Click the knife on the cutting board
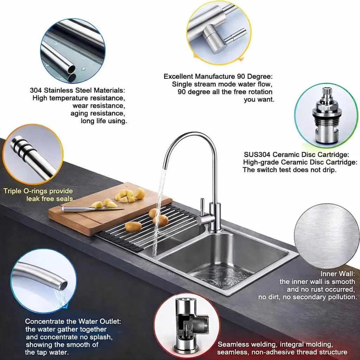click(93, 209)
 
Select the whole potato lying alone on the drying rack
click(133, 226)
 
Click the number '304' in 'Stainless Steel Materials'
click(36, 90)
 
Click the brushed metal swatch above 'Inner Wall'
click(327, 236)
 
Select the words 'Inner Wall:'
click(337, 274)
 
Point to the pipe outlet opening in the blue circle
click(64, 285)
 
